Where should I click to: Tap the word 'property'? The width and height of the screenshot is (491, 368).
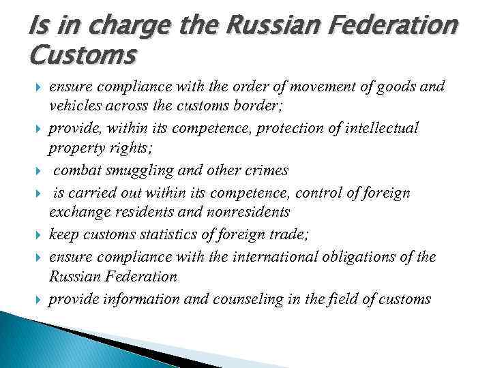[x=75, y=150]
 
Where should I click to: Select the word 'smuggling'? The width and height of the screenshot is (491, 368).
[x=127, y=171]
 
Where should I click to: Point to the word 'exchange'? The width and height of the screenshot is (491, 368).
[x=74, y=213]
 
